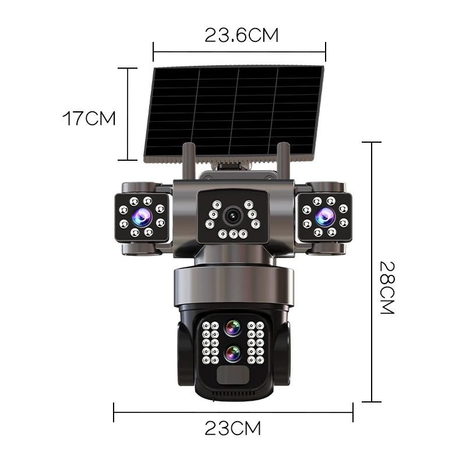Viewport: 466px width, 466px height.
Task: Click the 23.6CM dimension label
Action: (241, 36)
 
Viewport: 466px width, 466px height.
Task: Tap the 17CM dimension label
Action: (89, 118)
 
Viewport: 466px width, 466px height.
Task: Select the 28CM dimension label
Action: (387, 287)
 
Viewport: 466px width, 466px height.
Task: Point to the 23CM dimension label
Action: (232, 428)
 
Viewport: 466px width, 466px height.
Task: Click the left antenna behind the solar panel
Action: (189, 161)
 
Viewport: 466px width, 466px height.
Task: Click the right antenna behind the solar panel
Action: (283, 161)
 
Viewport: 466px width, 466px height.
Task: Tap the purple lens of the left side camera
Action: (142, 216)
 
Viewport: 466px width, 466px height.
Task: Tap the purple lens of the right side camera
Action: (325, 216)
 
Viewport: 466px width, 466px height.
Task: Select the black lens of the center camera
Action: (232, 216)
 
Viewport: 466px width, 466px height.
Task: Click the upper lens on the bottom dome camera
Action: (232, 328)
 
